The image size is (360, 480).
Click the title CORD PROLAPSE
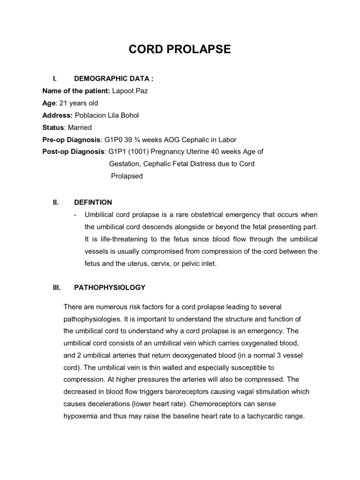tap(180, 49)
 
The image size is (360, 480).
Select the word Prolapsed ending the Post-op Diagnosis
tap(127, 176)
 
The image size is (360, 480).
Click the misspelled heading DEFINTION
tap(93, 202)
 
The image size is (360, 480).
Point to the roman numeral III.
tap(56, 287)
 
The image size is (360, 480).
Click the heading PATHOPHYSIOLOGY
tap(110, 287)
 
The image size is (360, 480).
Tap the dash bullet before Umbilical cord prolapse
tap(75, 215)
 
